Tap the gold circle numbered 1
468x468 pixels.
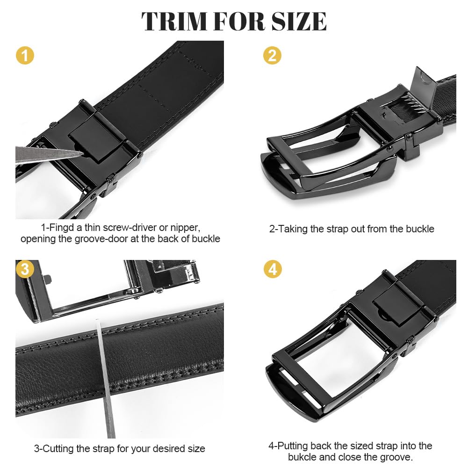(x=25, y=56)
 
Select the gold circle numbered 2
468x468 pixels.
(x=272, y=56)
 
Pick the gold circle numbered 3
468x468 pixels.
(x=25, y=269)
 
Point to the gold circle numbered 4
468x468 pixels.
(x=273, y=269)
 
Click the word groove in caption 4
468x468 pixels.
(x=395, y=457)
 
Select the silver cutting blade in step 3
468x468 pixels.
(x=106, y=379)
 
